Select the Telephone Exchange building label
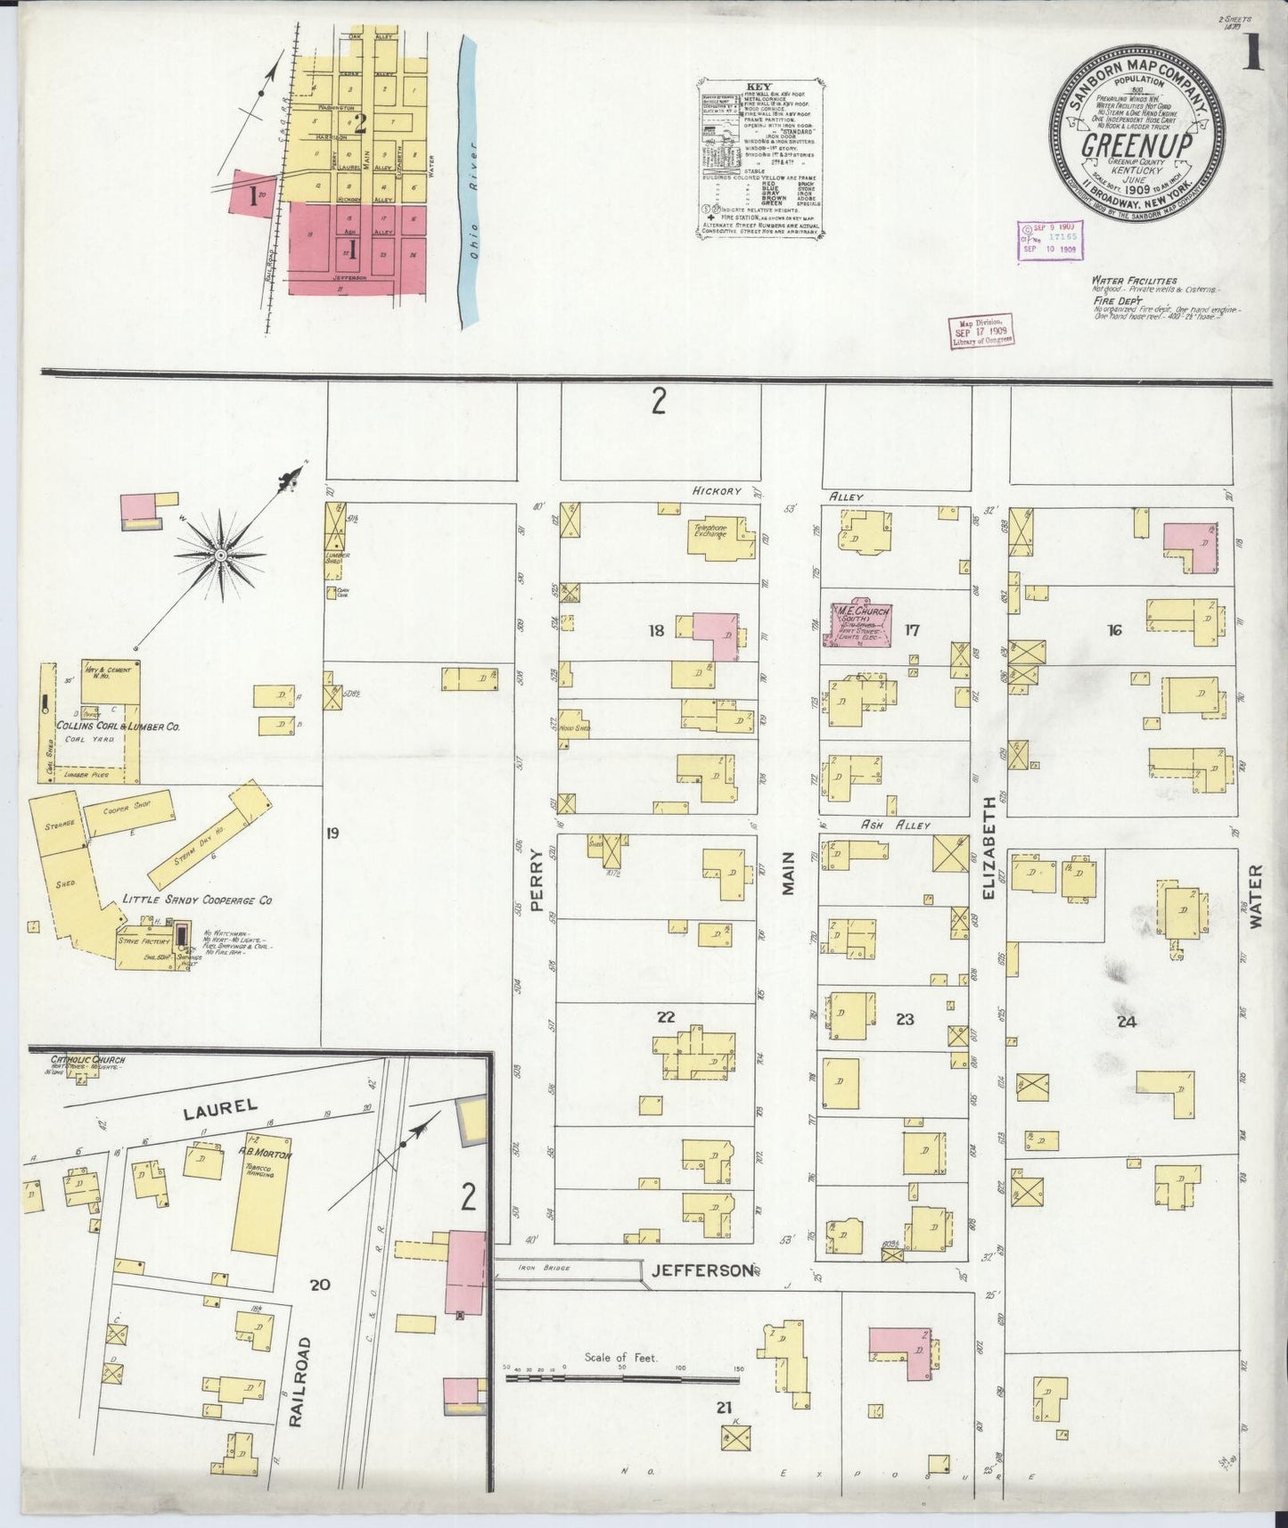point(710,530)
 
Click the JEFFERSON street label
point(701,1270)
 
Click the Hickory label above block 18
point(718,491)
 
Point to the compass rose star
point(219,555)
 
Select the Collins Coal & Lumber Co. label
point(118,727)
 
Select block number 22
point(665,1016)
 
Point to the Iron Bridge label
point(547,1268)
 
